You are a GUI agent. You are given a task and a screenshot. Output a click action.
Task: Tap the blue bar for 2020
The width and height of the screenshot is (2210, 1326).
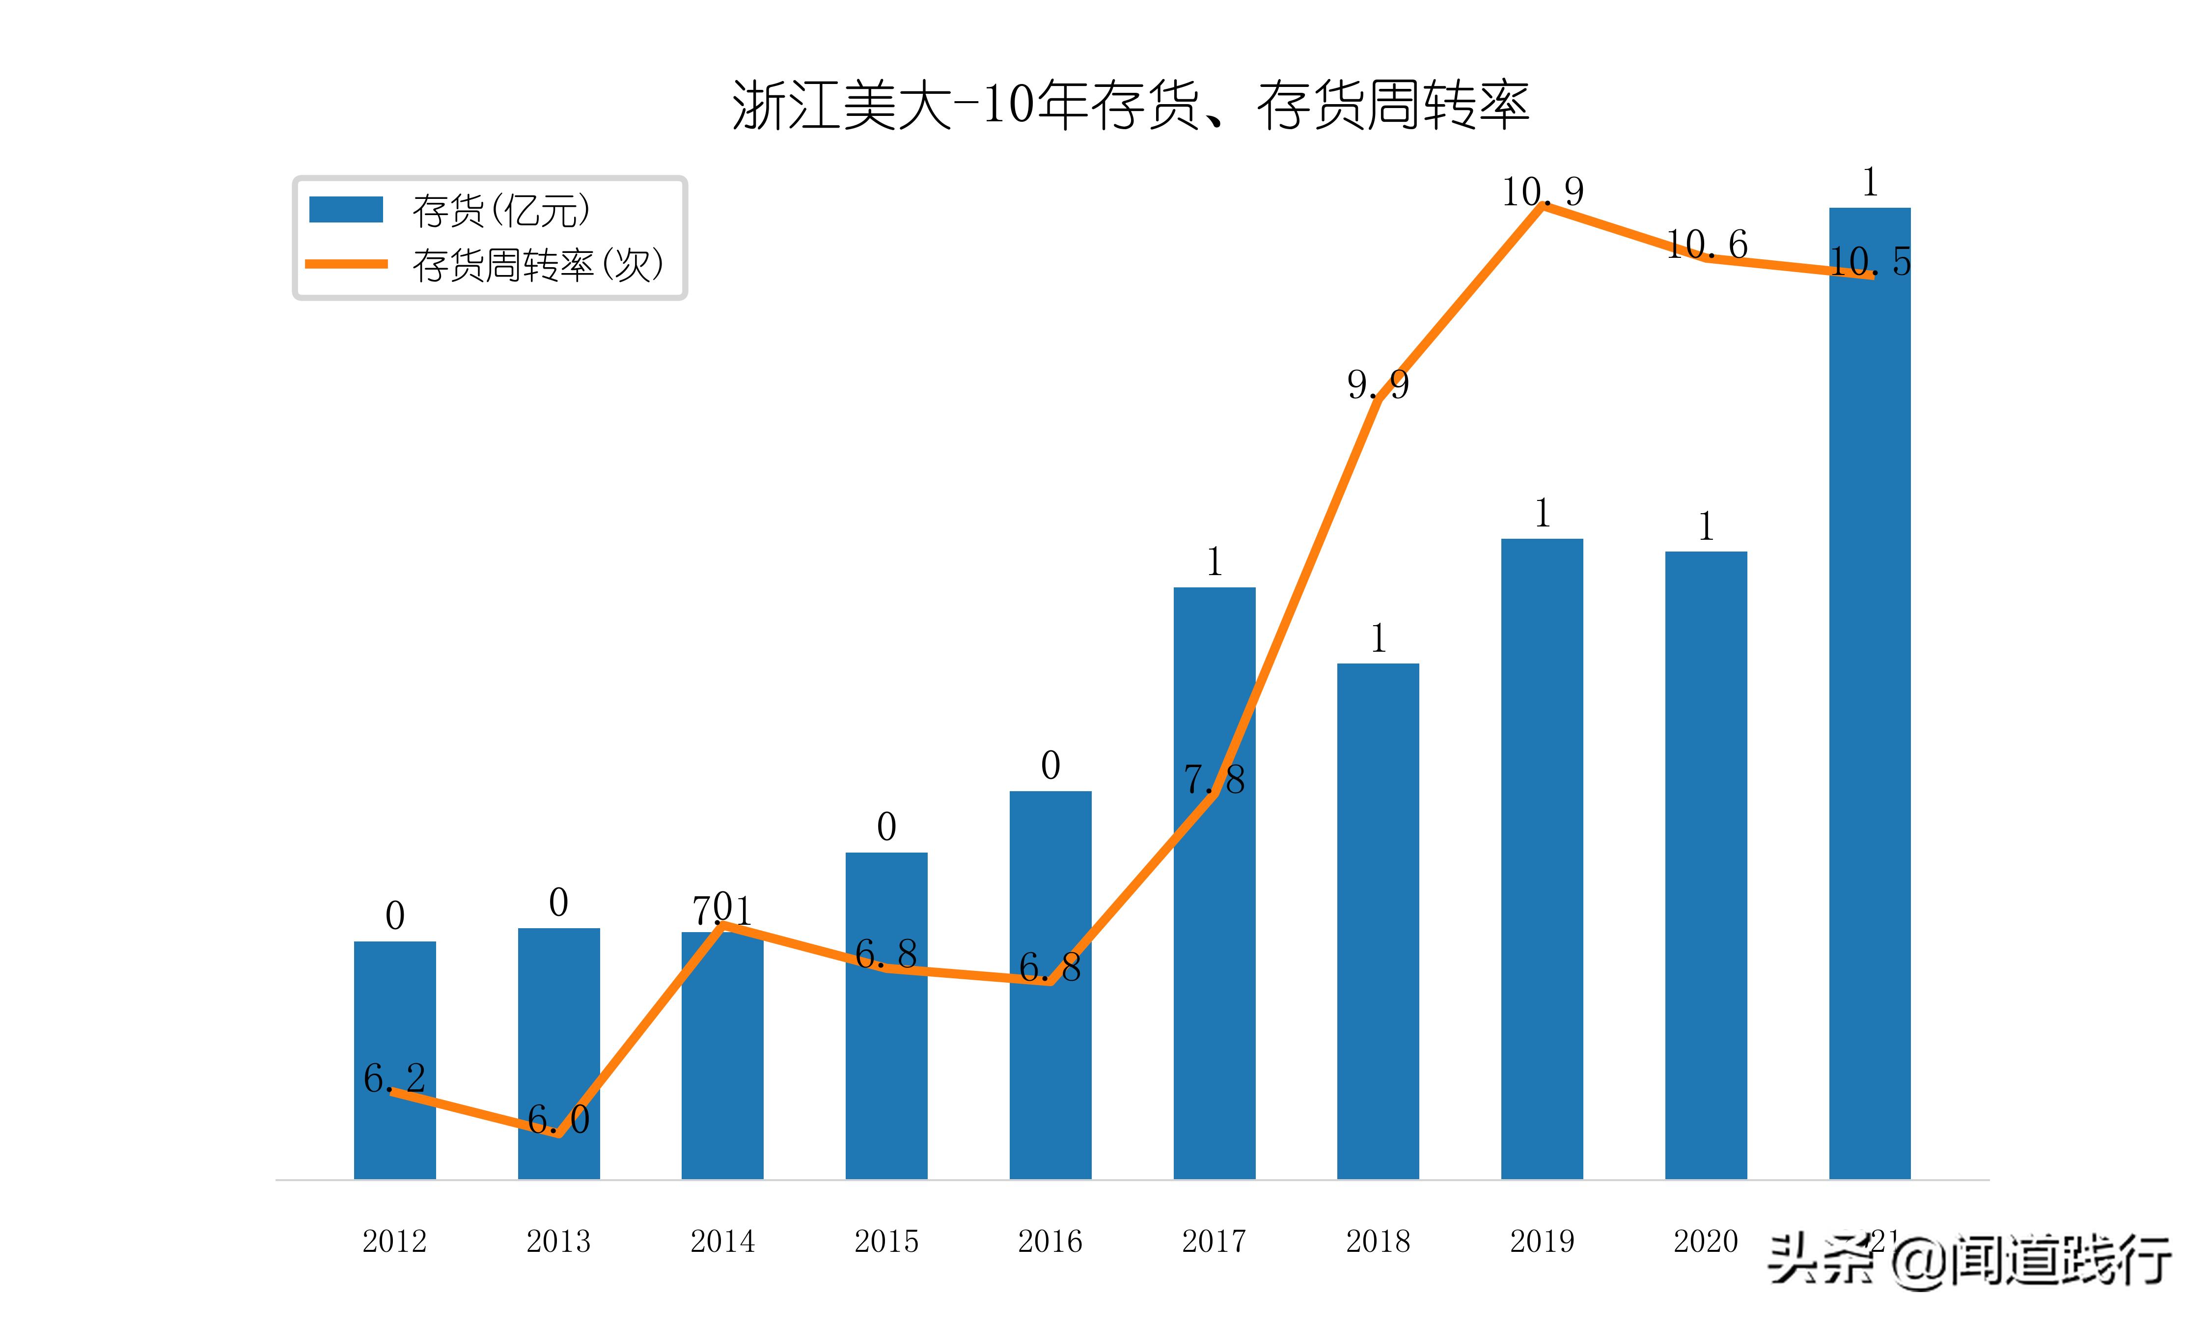pos(1705,867)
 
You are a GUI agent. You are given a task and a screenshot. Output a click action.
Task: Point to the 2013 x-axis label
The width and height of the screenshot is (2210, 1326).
pos(558,1241)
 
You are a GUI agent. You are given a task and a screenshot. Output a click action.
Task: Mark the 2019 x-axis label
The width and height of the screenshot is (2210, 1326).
pos(1542,1241)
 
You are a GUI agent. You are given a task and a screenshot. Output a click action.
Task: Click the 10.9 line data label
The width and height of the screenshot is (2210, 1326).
pos(1542,191)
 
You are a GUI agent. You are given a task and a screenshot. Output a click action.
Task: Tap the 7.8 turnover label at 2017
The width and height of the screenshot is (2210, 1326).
pos(1214,780)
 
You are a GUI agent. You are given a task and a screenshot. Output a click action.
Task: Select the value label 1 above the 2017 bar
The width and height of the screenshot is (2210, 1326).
pos(1214,562)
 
